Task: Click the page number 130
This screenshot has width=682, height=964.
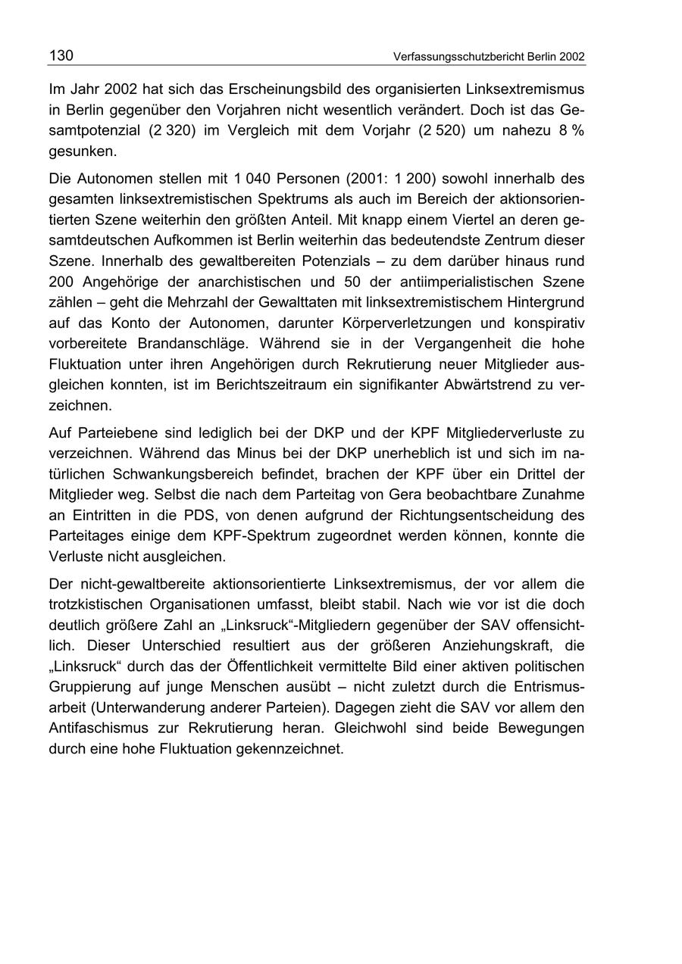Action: pos(61,55)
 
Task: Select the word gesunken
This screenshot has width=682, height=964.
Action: pos(82,151)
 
